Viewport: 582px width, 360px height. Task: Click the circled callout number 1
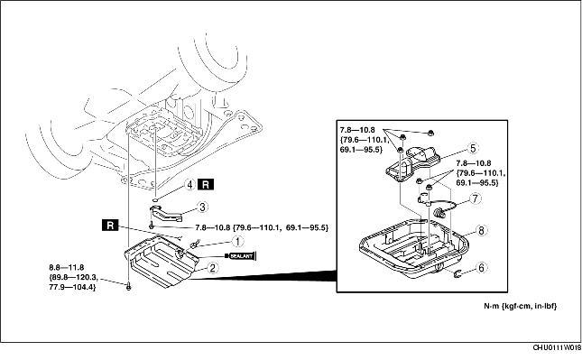click(x=237, y=241)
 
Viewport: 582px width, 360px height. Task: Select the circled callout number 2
click(x=212, y=268)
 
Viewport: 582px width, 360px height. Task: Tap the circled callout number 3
click(x=202, y=207)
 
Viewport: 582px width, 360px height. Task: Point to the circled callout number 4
click(x=190, y=184)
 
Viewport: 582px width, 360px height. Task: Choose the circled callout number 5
click(x=473, y=148)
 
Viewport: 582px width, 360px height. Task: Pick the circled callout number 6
click(x=481, y=268)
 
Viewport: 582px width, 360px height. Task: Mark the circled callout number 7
click(x=476, y=198)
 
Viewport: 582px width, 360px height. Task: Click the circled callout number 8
click(x=481, y=230)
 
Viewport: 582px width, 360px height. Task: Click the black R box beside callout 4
click(x=206, y=184)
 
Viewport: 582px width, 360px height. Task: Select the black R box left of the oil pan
click(x=110, y=226)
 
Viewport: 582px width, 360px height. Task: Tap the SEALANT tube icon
click(x=240, y=256)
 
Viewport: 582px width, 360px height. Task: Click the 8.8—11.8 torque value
click(x=67, y=267)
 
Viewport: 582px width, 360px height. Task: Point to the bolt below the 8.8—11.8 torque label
click(x=128, y=286)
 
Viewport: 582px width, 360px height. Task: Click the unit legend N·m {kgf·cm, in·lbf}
click(x=520, y=306)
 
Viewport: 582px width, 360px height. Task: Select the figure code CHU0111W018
click(x=557, y=347)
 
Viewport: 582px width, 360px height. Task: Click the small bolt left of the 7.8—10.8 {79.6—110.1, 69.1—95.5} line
click(x=152, y=226)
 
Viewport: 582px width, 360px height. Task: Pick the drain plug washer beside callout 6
click(x=457, y=274)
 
